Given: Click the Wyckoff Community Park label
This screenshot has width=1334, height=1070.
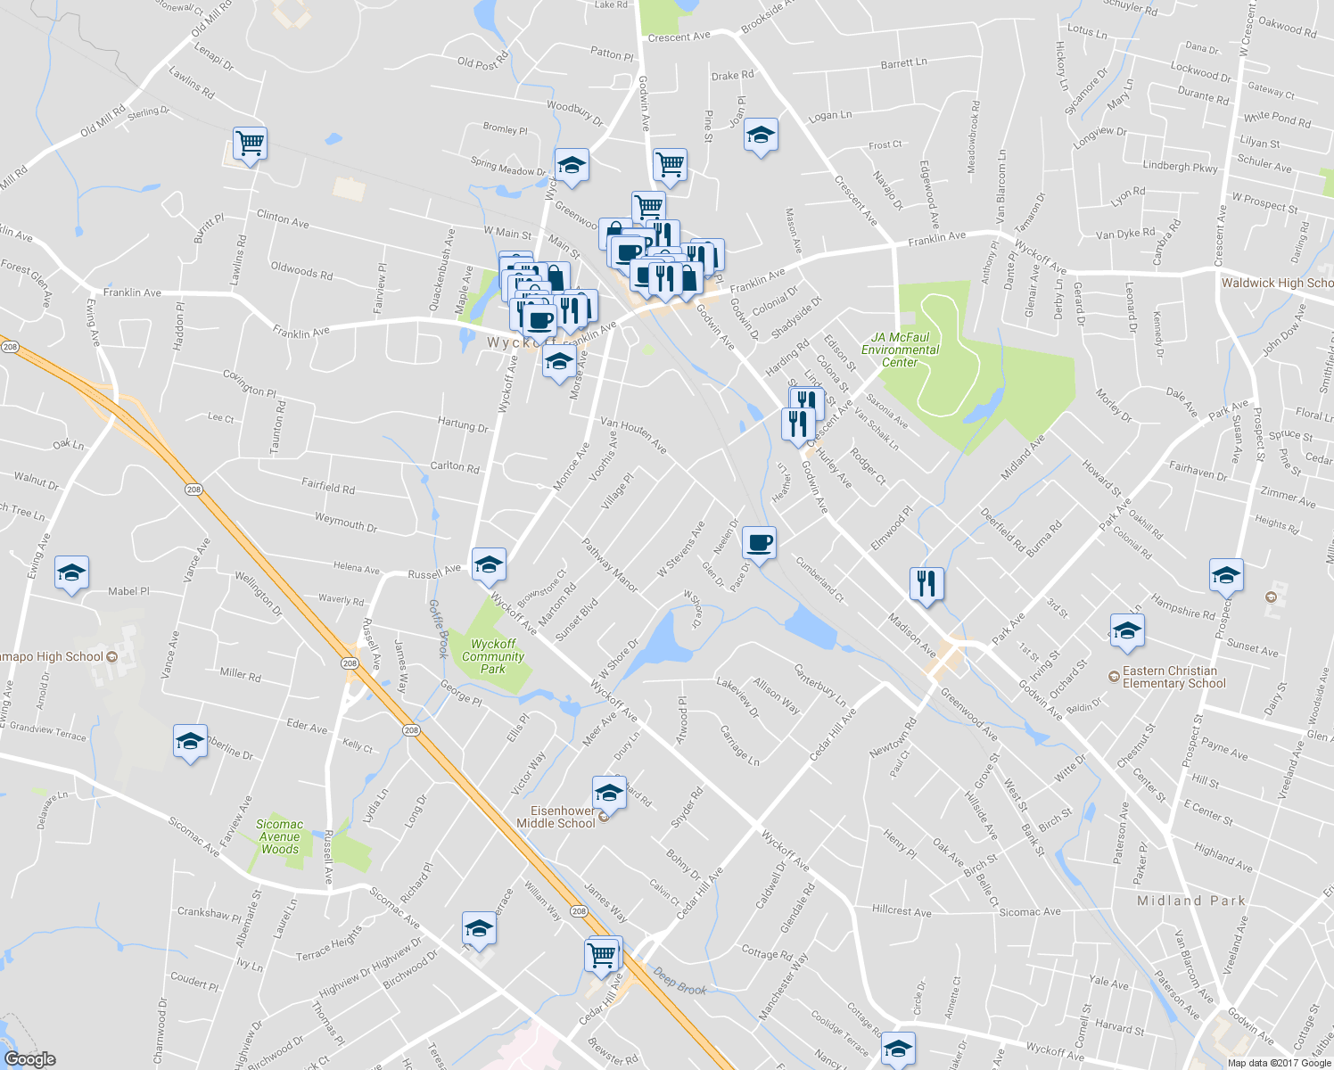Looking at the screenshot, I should (493, 656).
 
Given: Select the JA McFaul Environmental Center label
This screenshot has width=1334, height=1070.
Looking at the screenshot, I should (900, 350).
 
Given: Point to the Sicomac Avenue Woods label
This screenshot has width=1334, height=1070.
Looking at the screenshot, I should (280, 836).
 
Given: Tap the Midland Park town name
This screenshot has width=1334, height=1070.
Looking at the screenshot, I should (1190, 901).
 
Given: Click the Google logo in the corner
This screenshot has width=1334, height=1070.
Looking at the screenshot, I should (29, 1059).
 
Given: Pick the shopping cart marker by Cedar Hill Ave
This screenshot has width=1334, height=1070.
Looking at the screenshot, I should (602, 955).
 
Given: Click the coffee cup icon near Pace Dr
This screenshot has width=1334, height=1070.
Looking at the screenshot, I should (759, 542).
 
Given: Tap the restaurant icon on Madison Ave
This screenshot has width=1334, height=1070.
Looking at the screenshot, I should (926, 583).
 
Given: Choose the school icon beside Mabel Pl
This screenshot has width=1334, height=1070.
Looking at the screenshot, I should (71, 572).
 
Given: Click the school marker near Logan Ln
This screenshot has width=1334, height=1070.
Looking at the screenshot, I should (760, 136).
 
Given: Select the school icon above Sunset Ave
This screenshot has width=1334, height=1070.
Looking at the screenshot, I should (1226, 575).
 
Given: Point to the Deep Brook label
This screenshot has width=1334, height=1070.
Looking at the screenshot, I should (679, 982).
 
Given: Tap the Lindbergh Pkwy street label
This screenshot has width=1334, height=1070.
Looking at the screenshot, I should (1180, 167).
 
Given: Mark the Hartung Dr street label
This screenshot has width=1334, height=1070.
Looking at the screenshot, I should (463, 425).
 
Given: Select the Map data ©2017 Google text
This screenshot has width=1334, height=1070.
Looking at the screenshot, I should (1278, 1063).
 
